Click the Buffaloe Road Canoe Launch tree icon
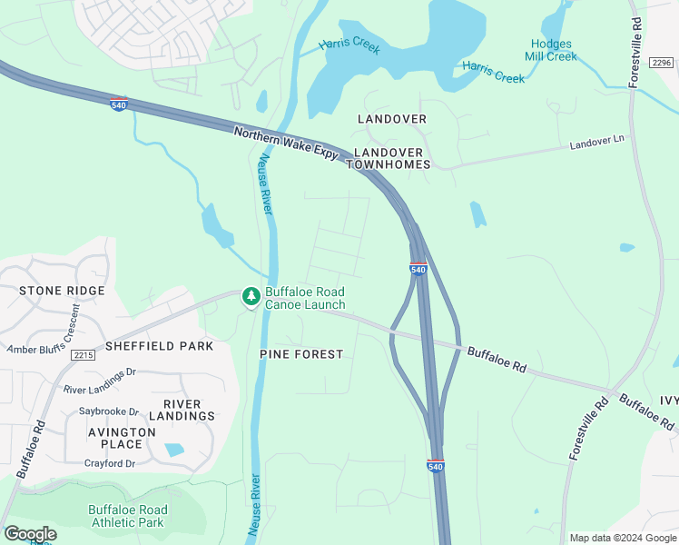[x=251, y=297]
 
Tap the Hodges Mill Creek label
[x=550, y=50]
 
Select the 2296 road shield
[x=662, y=62]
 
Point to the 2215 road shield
[x=84, y=355]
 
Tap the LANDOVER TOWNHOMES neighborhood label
[x=391, y=158]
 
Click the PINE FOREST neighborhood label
[x=301, y=353]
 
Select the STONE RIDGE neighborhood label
[x=62, y=291]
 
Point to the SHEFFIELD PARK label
[x=159, y=346]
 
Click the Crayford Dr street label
[x=103, y=463]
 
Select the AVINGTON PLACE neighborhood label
[x=115, y=438]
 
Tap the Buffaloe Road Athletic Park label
[x=127, y=516]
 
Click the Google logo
[x=30, y=534]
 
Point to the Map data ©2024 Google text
[x=622, y=538]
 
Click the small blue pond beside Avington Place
[x=174, y=450]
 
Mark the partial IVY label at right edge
[x=668, y=401]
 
